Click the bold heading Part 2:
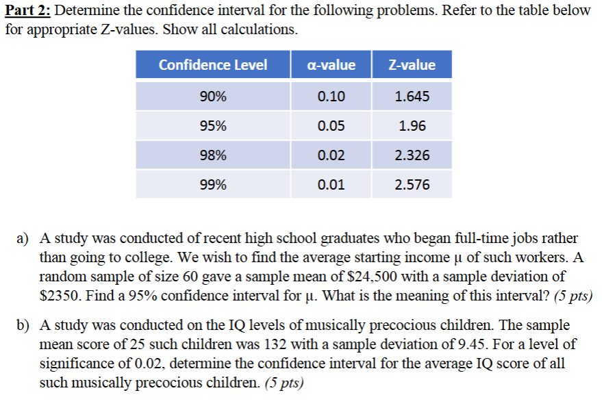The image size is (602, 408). [28, 12]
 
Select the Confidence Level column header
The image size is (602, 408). [213, 65]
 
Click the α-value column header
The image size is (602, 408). [332, 65]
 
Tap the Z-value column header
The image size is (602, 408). [412, 65]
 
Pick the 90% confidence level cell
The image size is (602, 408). [213, 97]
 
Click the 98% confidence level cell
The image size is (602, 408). [213, 155]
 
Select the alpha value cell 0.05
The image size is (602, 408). [332, 126]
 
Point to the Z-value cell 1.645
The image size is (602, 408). [412, 97]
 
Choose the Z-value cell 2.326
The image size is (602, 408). [412, 155]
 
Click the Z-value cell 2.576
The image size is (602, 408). [412, 184]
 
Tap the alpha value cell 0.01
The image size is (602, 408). [332, 184]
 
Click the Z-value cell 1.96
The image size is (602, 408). [412, 126]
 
